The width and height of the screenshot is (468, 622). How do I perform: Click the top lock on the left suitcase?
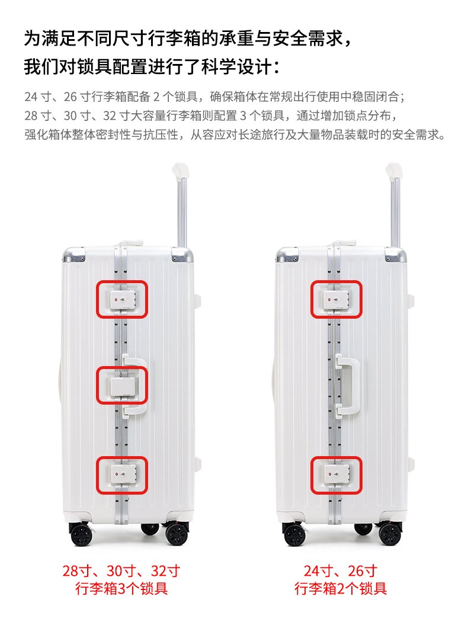(122, 300)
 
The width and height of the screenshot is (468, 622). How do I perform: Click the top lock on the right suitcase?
(336, 300)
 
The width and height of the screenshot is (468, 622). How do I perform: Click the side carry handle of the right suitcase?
(348, 385)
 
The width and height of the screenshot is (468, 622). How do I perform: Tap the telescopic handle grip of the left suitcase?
(181, 170)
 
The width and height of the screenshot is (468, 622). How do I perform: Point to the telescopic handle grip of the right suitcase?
(394, 170)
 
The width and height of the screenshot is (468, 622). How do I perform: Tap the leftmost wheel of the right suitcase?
(294, 534)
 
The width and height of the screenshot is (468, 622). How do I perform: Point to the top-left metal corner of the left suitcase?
(74, 255)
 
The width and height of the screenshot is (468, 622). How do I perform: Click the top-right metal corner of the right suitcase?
(395, 254)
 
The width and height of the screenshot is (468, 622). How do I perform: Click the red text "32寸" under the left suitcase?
(166, 571)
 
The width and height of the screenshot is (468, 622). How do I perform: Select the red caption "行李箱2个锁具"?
(341, 589)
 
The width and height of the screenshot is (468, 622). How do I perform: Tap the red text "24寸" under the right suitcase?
(319, 571)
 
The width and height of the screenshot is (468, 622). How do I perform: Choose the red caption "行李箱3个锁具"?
(122, 589)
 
